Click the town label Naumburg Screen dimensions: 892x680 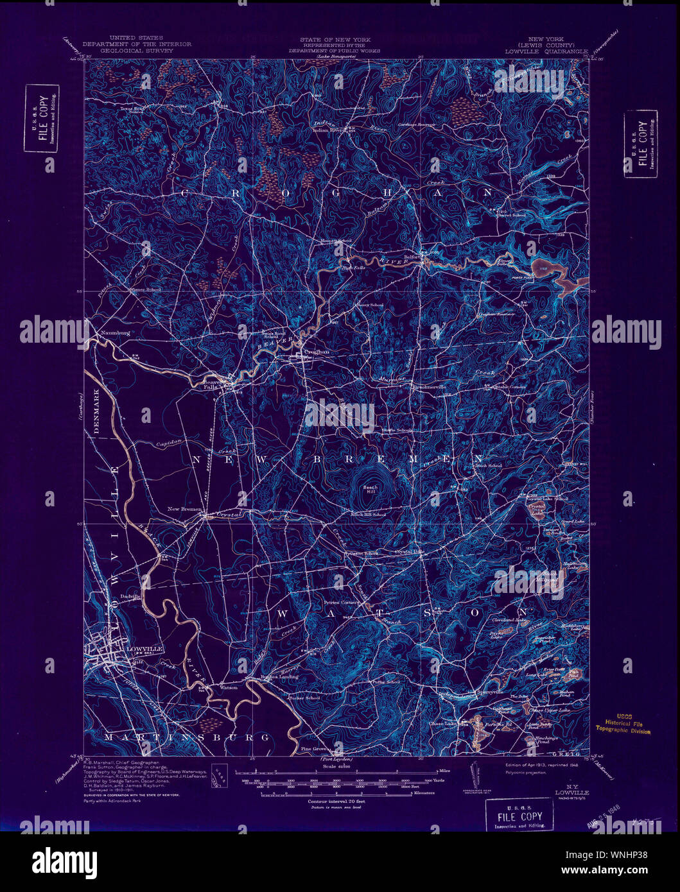(116, 334)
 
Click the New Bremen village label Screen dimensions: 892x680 (185, 509)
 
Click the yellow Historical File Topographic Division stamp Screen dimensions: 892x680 (622, 724)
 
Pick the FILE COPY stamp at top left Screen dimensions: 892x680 (42, 119)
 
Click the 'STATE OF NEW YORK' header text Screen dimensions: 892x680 (334, 39)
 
